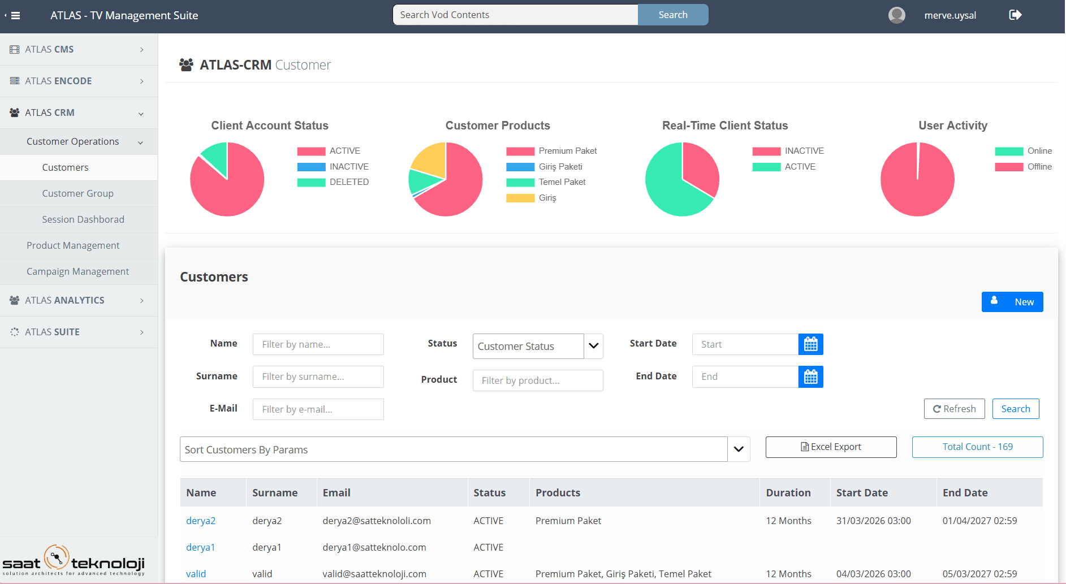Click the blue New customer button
[x=1012, y=302]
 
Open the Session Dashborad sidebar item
[x=83, y=219]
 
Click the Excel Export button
[x=831, y=447]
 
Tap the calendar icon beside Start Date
[x=810, y=344]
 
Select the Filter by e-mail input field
[x=318, y=409]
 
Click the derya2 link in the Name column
[x=201, y=521]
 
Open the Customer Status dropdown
[x=537, y=346]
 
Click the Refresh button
[x=954, y=409]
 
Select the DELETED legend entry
[x=348, y=182]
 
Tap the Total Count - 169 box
[x=977, y=447]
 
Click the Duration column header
[x=788, y=492]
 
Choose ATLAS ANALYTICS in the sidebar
[x=64, y=300]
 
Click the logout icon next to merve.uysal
[x=1015, y=15]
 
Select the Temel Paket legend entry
[x=562, y=182]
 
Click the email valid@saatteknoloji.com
[x=374, y=574]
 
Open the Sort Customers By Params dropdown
[x=464, y=449]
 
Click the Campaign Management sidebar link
[x=77, y=271]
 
